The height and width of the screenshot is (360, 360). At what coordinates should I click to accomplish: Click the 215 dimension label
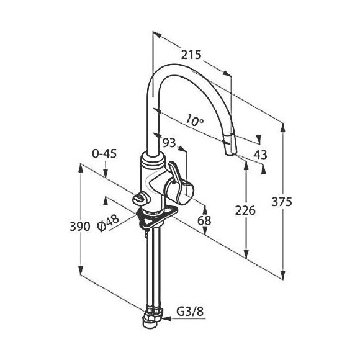coord(191,55)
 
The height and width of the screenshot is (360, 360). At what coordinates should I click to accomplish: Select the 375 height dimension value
coord(282,202)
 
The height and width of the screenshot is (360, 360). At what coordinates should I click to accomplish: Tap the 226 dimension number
coord(245,210)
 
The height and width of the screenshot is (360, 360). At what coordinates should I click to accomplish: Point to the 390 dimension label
coord(79,227)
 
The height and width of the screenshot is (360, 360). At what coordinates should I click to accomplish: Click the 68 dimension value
coord(204,221)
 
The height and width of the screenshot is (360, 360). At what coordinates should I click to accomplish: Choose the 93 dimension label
coord(169,143)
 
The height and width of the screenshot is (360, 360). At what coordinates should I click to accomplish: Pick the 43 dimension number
coord(260,155)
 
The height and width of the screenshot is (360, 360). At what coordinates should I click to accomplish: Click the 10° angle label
coord(194,120)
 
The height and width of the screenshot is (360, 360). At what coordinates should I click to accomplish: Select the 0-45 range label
coord(104,153)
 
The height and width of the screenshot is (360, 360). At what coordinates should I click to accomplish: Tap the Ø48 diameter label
coord(107,223)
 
